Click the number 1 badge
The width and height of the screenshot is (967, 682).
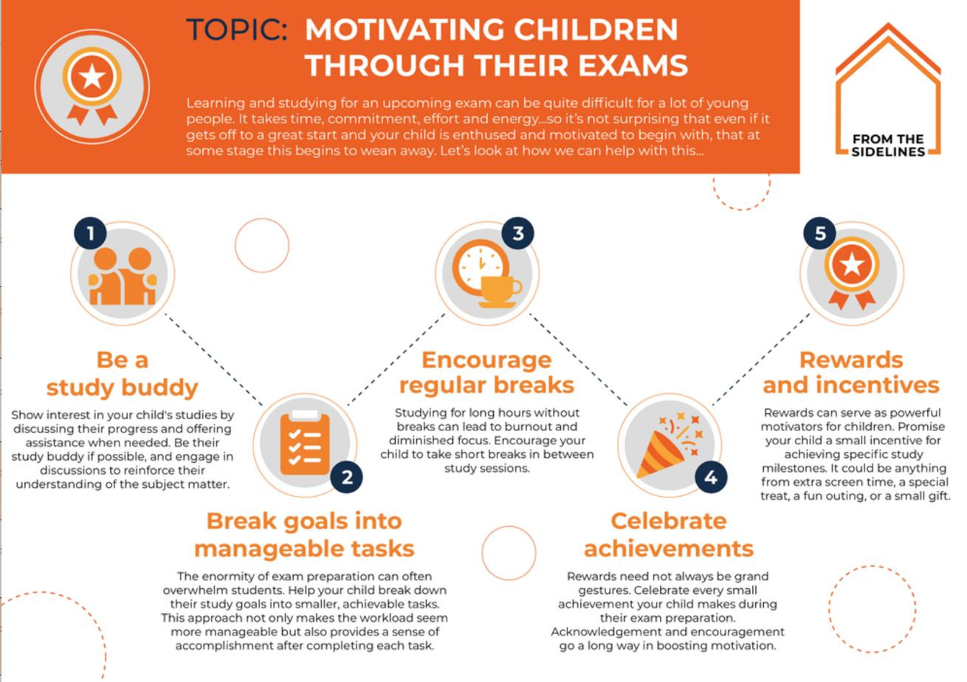pyautogui.click(x=90, y=233)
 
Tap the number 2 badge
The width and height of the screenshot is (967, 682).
pyautogui.click(x=346, y=477)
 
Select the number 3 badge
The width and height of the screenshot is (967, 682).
pyautogui.click(x=517, y=233)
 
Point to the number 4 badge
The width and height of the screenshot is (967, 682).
pyautogui.click(x=711, y=477)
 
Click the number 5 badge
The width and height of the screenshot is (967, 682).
pyautogui.click(x=820, y=233)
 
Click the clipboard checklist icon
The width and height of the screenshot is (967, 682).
pyautogui.click(x=305, y=442)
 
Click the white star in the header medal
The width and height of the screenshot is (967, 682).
pyautogui.click(x=92, y=77)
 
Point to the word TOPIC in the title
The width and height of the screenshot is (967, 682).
pyautogui.click(x=237, y=30)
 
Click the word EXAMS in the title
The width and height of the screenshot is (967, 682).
pyautogui.click(x=633, y=66)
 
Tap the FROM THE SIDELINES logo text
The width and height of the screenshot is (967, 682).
pyautogui.click(x=888, y=145)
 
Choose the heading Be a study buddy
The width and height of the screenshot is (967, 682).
pyautogui.click(x=123, y=373)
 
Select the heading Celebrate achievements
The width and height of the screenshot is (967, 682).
pyautogui.click(x=668, y=535)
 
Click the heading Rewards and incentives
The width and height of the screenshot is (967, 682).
pyautogui.click(x=851, y=372)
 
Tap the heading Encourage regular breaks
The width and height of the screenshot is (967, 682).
pyautogui.click(x=486, y=372)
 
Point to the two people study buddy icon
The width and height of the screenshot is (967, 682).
pyautogui.click(x=123, y=276)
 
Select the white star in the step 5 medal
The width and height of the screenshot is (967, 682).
pyautogui.click(x=852, y=264)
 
